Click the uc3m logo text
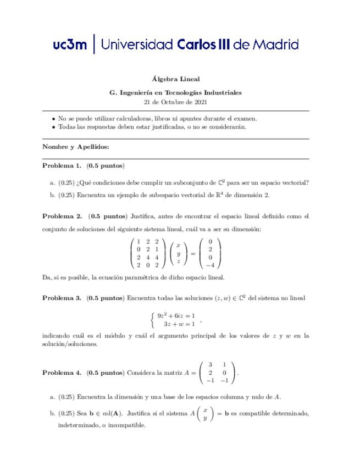[x=70, y=45]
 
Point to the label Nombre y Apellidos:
[x=76, y=147]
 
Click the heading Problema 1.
[x=62, y=165]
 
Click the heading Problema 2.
[x=62, y=216]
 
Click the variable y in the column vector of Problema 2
[x=178, y=253]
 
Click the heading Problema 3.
[x=62, y=298]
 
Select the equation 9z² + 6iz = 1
[x=176, y=315]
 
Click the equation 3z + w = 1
[x=180, y=324]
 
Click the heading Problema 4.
[x=62, y=373]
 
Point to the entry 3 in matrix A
[x=210, y=364]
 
